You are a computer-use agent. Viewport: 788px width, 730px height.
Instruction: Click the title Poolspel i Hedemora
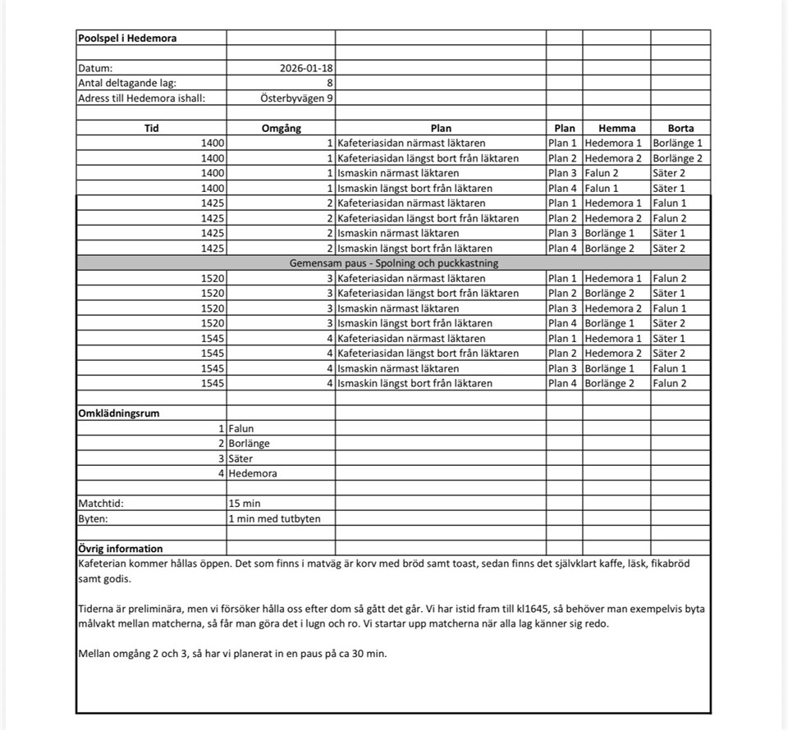pos(127,38)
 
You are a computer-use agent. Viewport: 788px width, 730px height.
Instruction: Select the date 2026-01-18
pos(306,68)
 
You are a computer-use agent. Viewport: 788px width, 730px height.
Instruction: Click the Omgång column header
pos(281,128)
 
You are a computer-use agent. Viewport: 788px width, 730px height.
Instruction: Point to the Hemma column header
pos(616,128)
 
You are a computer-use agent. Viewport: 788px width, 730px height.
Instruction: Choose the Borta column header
pos(680,128)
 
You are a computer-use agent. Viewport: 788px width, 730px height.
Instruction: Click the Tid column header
pos(151,128)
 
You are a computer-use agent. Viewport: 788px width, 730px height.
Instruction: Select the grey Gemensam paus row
pos(393,263)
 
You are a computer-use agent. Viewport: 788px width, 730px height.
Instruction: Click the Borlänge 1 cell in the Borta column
pos(678,143)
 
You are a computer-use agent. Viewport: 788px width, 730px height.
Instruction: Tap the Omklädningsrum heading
pos(118,413)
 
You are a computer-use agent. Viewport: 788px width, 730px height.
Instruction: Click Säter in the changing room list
pos(241,459)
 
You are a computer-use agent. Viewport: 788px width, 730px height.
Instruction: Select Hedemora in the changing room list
pos(253,473)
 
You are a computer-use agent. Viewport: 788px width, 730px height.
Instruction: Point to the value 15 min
pos(245,504)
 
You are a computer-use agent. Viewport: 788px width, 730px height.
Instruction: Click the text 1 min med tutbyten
pos(275,518)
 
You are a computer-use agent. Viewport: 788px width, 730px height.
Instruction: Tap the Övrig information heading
pos(120,549)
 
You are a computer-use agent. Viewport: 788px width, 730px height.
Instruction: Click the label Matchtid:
pos(101,504)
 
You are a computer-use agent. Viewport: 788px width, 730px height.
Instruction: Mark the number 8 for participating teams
pos(329,83)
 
